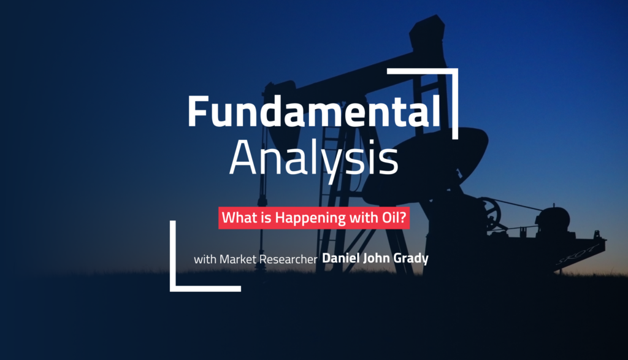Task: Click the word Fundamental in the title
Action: (x=313, y=112)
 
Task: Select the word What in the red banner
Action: (x=236, y=218)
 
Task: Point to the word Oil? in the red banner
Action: (x=390, y=218)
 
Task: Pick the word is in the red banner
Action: (x=259, y=218)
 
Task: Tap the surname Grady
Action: (x=413, y=259)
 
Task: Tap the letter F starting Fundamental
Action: (x=197, y=112)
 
